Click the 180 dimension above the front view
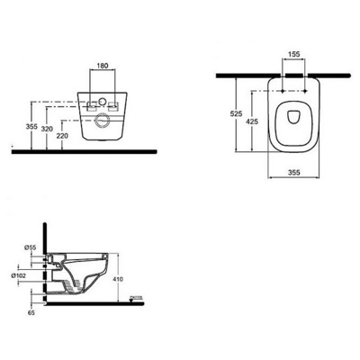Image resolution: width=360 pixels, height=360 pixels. [103, 65]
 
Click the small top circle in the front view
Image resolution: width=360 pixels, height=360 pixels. [103, 93]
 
